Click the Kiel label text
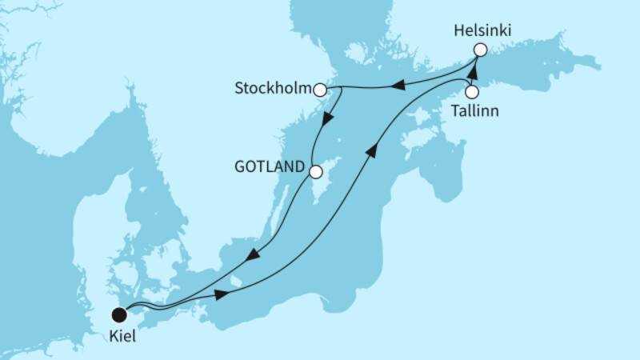tap(122, 337)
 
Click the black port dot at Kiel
tap(120, 314)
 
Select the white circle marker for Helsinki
tap(479, 50)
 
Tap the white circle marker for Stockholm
tap(320, 90)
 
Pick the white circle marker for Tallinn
tap(472, 91)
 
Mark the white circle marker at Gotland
tap(315, 171)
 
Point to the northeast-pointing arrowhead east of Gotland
tap(372, 150)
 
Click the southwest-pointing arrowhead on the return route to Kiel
tap(252, 256)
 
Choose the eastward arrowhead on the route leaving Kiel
tap(222, 297)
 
